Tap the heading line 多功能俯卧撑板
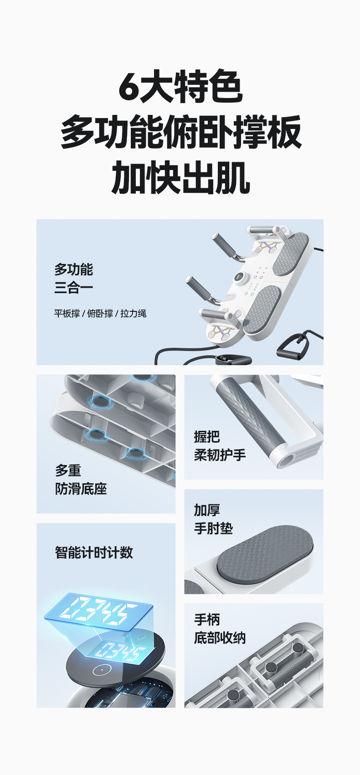pyautogui.click(x=181, y=132)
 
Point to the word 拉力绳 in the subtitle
pyautogui.click(x=133, y=314)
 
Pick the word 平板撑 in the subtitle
pyautogui.click(x=67, y=314)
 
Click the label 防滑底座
pyautogui.click(x=81, y=489)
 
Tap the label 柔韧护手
pyautogui.click(x=220, y=455)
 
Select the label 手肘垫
pyautogui.click(x=213, y=528)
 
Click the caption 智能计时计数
pyautogui.click(x=94, y=553)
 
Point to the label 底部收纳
pyautogui.click(x=220, y=638)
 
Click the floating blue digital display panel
pyautogui.click(x=98, y=612)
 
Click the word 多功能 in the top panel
pyautogui.click(x=73, y=269)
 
